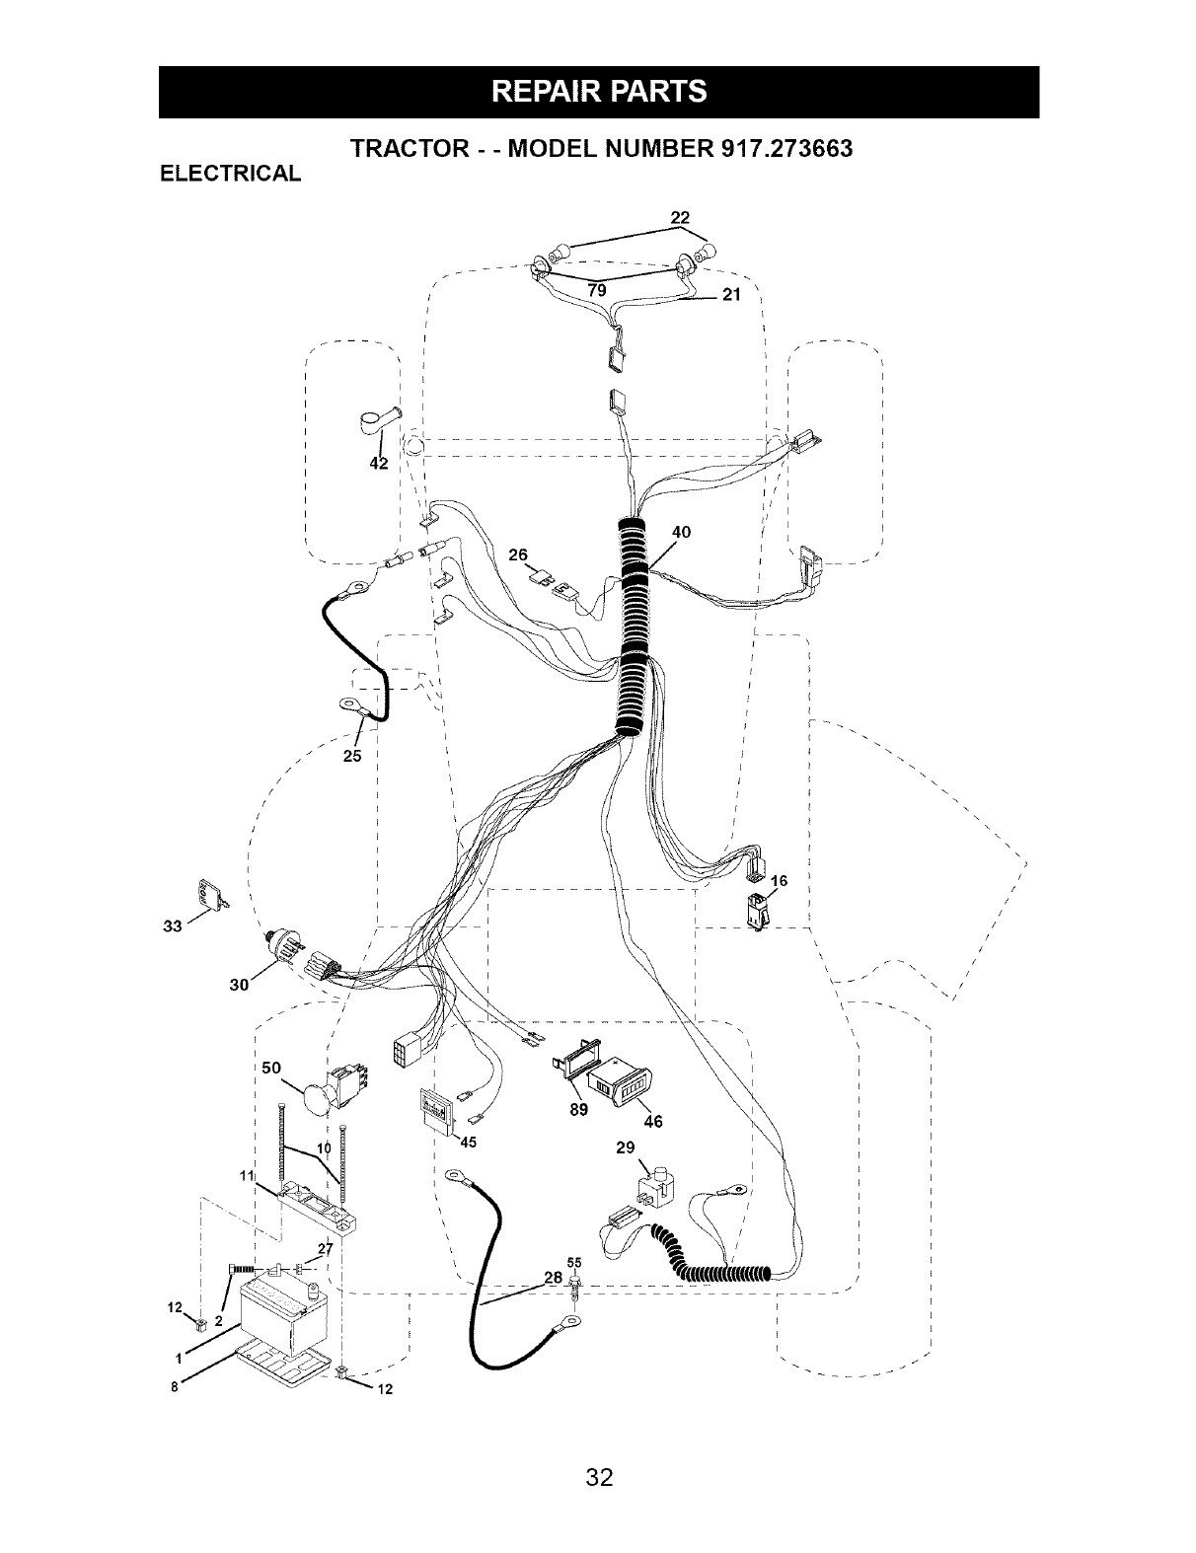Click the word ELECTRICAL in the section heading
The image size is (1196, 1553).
click(x=230, y=174)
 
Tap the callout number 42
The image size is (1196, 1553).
click(x=379, y=463)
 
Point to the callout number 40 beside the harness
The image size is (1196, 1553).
click(x=682, y=532)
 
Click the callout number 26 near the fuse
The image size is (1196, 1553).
click(x=518, y=555)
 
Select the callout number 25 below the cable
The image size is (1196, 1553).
click(x=352, y=756)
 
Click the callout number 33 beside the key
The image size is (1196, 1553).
click(x=172, y=926)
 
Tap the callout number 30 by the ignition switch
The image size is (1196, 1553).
click(x=239, y=985)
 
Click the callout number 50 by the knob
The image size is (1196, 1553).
click(x=271, y=1068)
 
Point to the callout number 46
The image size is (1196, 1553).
click(x=653, y=1122)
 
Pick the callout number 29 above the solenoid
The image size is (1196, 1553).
click(x=626, y=1147)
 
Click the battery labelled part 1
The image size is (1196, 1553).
click(x=283, y=1308)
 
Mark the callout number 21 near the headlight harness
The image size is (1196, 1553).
click(x=731, y=294)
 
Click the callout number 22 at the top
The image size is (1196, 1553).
click(x=680, y=217)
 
